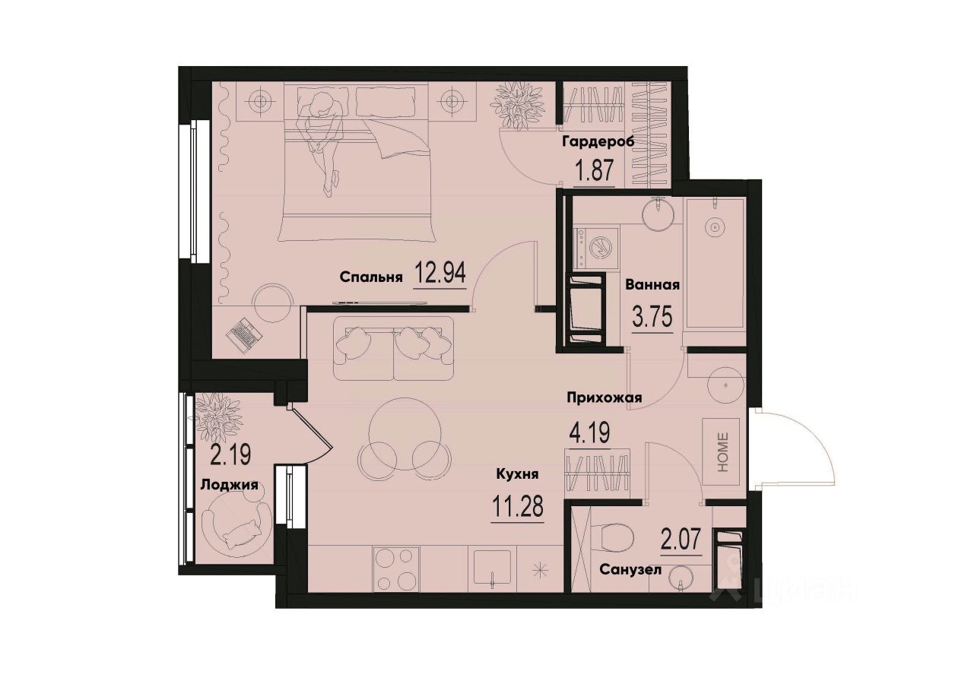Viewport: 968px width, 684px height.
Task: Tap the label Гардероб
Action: point(598,142)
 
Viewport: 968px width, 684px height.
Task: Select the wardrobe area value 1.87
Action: point(594,171)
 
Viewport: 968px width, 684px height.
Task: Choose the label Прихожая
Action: point(605,397)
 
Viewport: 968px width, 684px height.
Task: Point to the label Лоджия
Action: point(228,484)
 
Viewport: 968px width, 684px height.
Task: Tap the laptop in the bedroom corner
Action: point(246,333)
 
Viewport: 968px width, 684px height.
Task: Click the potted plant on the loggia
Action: point(217,416)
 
